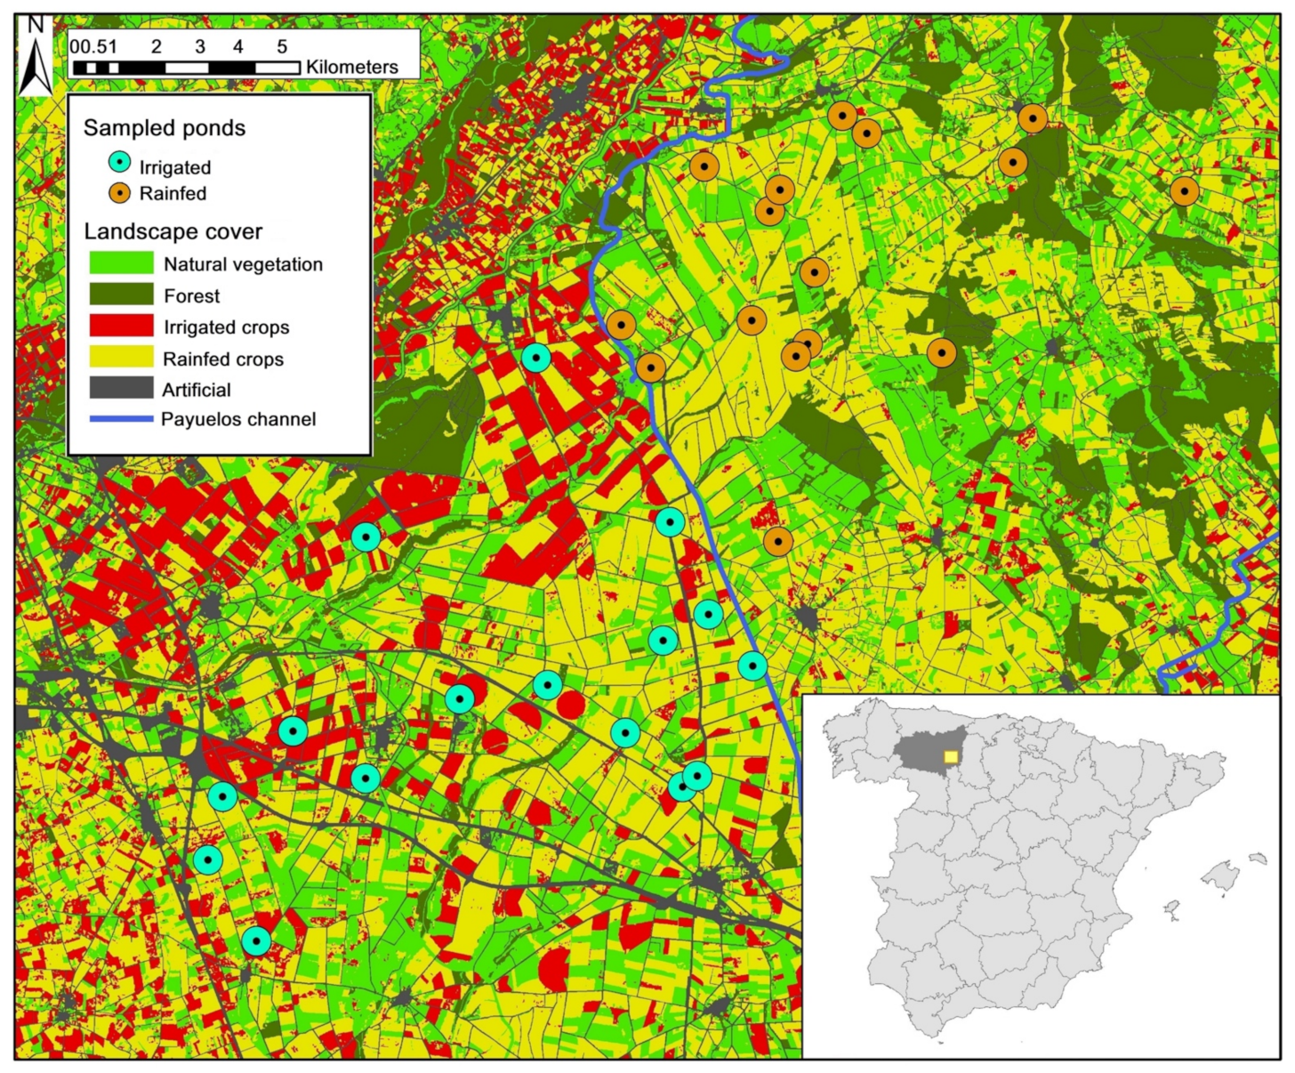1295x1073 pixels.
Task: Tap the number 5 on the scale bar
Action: (282, 46)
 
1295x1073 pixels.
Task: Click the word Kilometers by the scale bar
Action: (352, 68)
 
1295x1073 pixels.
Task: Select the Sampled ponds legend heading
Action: (165, 128)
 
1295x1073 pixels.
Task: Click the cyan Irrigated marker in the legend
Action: (119, 163)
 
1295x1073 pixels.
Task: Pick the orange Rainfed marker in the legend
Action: (119, 193)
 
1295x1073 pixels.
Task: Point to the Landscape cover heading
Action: (173, 232)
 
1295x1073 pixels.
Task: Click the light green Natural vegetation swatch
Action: (121, 263)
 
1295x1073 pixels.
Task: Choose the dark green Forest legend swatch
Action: (121, 294)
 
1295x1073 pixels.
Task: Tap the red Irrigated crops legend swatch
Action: (121, 327)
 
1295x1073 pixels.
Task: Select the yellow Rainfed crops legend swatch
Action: (121, 358)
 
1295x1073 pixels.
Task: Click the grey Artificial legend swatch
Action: (121, 389)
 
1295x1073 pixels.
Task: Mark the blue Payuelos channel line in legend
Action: (121, 419)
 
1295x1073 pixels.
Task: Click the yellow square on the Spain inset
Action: (951, 756)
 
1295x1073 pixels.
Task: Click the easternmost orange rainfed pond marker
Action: (1184, 191)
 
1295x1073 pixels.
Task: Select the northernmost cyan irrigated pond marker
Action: (535, 358)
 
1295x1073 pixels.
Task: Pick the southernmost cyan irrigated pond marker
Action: (256, 940)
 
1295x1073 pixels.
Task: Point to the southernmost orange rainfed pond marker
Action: (778, 541)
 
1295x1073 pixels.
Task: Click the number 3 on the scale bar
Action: (200, 46)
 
